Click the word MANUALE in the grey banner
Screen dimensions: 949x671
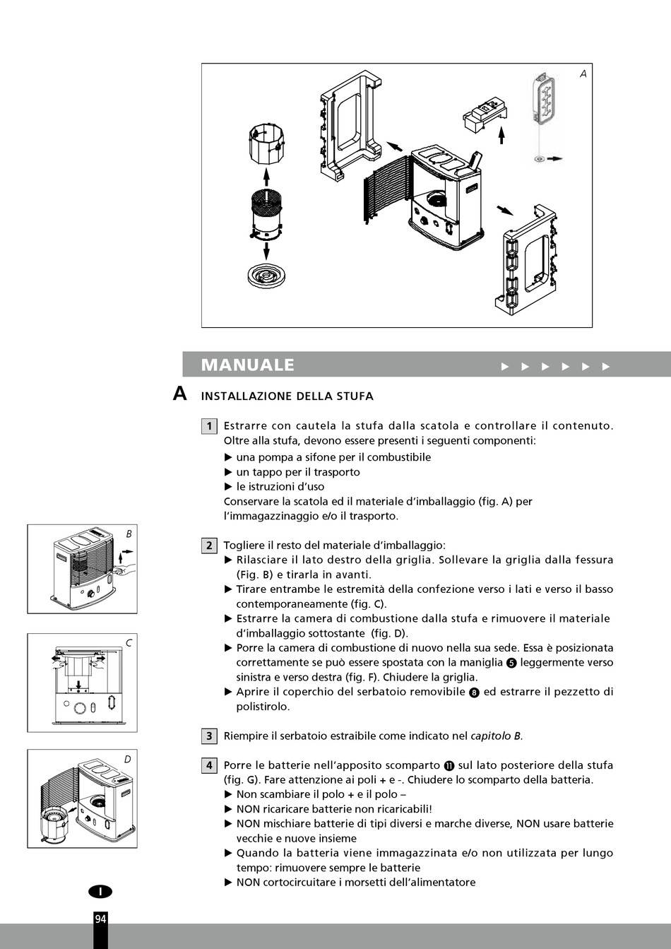tap(247, 365)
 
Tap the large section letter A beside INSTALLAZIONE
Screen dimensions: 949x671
tap(180, 394)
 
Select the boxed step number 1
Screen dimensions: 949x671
tap(209, 425)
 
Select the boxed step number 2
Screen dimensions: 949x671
tap(209, 545)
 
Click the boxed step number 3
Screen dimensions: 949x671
tap(209, 736)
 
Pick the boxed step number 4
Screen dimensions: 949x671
tap(209, 765)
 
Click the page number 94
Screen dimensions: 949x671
tap(100, 919)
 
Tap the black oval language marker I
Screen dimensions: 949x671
tap(100, 892)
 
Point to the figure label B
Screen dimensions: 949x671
tap(129, 534)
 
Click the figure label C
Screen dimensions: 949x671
tap(129, 643)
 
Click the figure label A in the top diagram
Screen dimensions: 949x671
tap(583, 73)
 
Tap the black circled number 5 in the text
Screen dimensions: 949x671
tap(512, 663)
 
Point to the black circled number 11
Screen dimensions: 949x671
tap(449, 766)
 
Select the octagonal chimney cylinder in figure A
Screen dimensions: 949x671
tap(267, 145)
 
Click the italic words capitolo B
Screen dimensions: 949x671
tap(497, 736)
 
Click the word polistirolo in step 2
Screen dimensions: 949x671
tap(262, 707)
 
